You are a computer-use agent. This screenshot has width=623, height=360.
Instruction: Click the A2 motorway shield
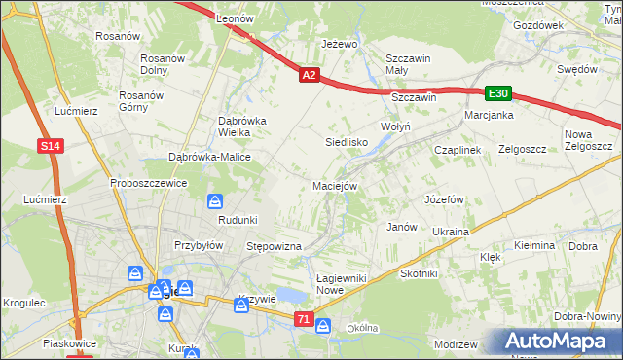tap(309, 74)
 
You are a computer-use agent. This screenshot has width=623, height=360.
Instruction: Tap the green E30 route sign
tap(498, 93)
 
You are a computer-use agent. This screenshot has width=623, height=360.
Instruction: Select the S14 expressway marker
tap(53, 146)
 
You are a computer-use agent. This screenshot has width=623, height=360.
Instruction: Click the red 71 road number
tap(304, 318)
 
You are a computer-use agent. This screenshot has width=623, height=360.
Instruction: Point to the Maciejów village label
tap(336, 185)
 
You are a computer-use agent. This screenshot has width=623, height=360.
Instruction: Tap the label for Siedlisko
tap(346, 142)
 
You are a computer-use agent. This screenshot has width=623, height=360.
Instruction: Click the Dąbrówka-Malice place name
tap(210, 157)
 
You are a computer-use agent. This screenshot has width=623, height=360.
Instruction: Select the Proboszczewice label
tap(148, 183)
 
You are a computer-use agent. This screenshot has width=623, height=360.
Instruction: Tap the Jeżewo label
tap(340, 45)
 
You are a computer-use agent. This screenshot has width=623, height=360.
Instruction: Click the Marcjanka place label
tap(489, 115)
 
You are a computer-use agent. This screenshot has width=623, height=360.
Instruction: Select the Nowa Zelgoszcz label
tap(587, 140)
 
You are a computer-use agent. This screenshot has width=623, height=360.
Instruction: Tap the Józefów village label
tap(443, 198)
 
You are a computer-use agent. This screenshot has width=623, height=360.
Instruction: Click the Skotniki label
tap(419, 274)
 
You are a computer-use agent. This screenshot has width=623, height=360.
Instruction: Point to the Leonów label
tap(235, 18)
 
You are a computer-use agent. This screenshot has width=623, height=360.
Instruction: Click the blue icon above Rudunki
tap(215, 201)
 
